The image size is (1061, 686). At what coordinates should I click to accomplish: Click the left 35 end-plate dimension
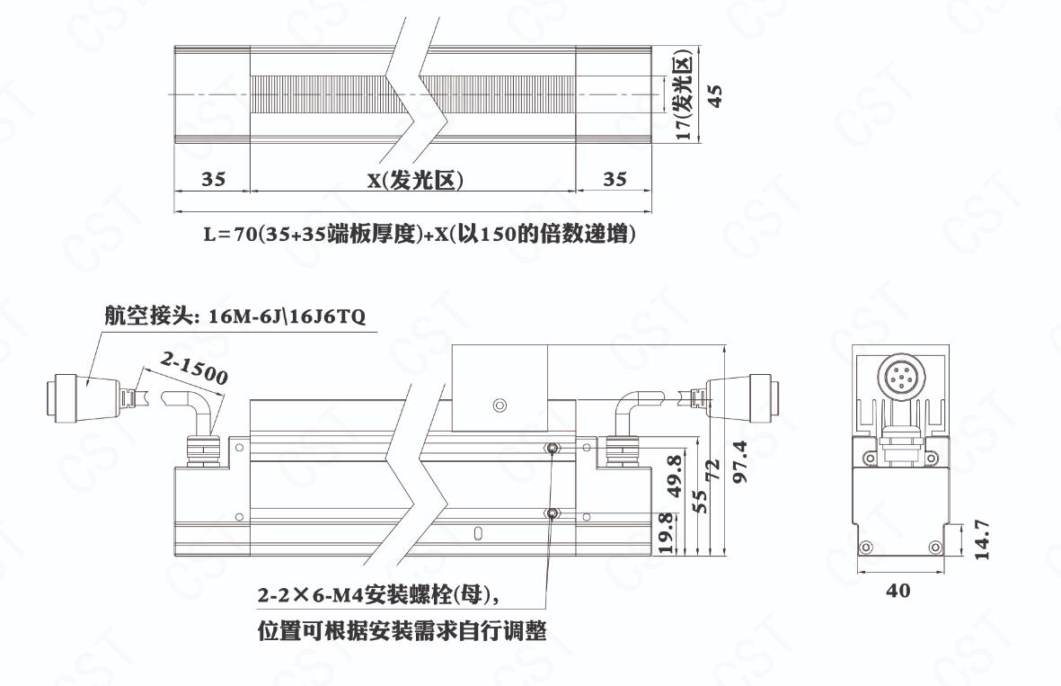point(213,179)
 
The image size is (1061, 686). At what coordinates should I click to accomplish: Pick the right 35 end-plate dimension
point(614,179)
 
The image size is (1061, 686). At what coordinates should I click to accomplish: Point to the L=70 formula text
point(420,234)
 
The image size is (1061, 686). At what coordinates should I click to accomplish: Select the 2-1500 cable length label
point(194,369)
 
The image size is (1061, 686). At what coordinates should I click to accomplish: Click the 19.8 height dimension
point(666,533)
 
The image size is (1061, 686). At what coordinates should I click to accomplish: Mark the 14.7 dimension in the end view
point(982,539)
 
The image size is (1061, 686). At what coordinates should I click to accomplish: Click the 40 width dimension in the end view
point(897,591)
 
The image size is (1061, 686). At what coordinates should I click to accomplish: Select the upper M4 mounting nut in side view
point(553,448)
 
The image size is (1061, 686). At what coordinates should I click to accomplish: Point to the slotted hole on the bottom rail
point(479,533)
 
